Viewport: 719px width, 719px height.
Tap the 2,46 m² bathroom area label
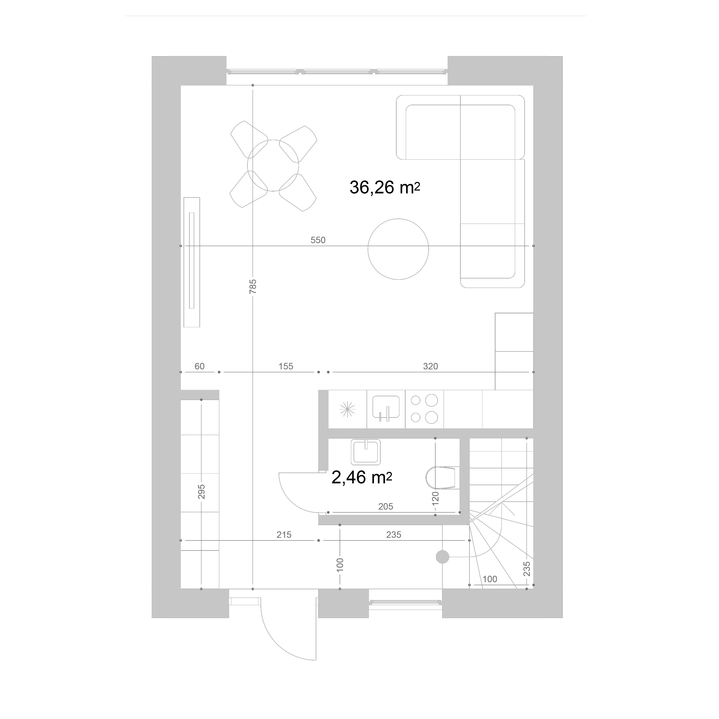361,477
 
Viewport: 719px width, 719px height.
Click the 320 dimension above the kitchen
431,366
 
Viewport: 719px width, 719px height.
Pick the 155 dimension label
286,366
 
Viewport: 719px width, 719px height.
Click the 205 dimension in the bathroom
386,507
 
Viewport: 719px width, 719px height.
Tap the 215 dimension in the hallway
284,535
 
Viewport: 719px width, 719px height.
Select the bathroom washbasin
366,452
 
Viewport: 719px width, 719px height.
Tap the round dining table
273,165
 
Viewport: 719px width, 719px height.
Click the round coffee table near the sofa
398,249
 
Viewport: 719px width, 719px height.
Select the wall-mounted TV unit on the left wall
192,262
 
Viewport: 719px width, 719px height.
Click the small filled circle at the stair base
443,557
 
